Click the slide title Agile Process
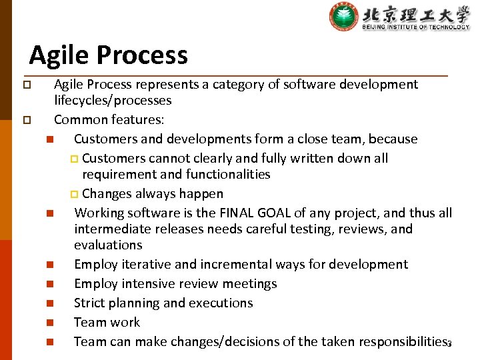tap(108, 55)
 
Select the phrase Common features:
tap(109, 120)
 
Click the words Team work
tap(107, 322)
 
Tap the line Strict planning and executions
tap(163, 303)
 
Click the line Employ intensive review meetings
tap(175, 283)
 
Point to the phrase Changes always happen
tap(153, 193)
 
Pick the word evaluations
tap(108, 245)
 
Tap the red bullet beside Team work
tap(49, 323)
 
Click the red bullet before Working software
tap(49, 214)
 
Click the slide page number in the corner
tap(449, 344)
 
